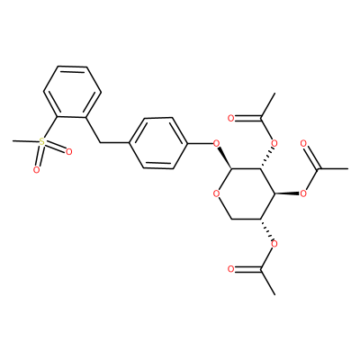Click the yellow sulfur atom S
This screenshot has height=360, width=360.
point(42,141)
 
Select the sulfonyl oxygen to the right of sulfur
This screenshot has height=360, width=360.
point(68,152)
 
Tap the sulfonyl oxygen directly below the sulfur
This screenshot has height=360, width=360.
point(36,170)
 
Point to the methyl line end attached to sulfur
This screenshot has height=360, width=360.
point(13,140)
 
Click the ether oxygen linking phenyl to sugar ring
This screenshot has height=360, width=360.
point(216,143)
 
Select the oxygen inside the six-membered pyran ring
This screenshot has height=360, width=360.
point(216,193)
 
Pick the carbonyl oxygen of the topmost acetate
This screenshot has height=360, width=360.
point(230,118)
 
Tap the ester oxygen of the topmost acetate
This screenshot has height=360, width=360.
point(274,143)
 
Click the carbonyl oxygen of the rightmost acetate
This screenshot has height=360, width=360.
point(303,143)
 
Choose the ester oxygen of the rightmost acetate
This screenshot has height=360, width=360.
point(303,193)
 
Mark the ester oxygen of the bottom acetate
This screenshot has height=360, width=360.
point(274,244)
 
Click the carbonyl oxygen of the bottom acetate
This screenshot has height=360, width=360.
point(230,269)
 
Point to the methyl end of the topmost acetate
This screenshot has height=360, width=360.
point(274,94)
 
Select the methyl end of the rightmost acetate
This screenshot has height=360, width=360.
point(347,169)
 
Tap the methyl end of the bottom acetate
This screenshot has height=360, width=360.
point(274,294)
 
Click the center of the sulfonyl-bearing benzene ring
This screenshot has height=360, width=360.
point(72,92)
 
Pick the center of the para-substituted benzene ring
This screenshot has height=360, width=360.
point(158,143)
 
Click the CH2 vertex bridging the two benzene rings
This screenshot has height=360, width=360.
point(100,143)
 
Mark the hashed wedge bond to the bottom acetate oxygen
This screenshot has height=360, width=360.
point(266,229)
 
